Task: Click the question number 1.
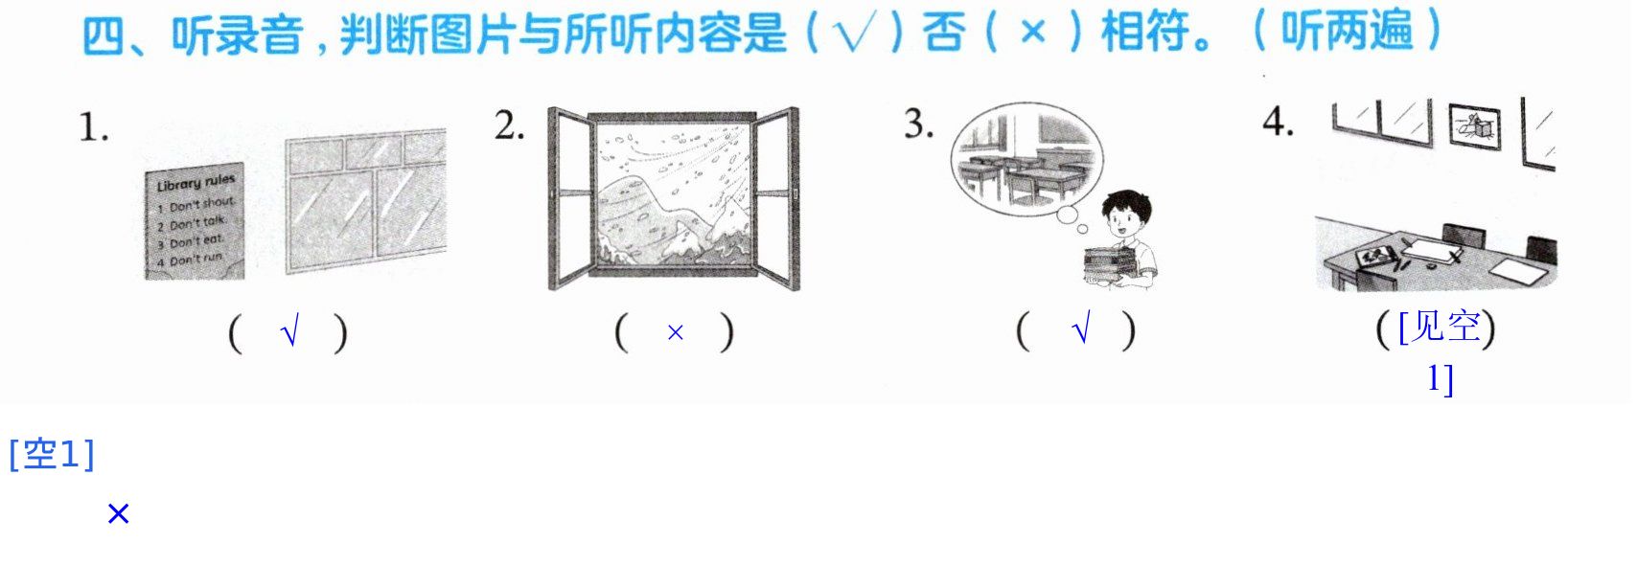click(93, 127)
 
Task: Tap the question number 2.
click(509, 125)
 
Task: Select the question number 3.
click(918, 124)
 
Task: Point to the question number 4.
click(1279, 122)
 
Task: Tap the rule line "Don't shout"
click(201, 205)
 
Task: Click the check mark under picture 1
click(289, 333)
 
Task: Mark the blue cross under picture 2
click(676, 333)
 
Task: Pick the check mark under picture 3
click(1081, 328)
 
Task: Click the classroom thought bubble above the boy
click(1026, 158)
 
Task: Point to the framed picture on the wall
click(1475, 126)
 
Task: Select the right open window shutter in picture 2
click(776, 198)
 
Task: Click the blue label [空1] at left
click(51, 454)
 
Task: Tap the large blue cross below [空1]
click(119, 514)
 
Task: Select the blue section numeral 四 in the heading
click(104, 35)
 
